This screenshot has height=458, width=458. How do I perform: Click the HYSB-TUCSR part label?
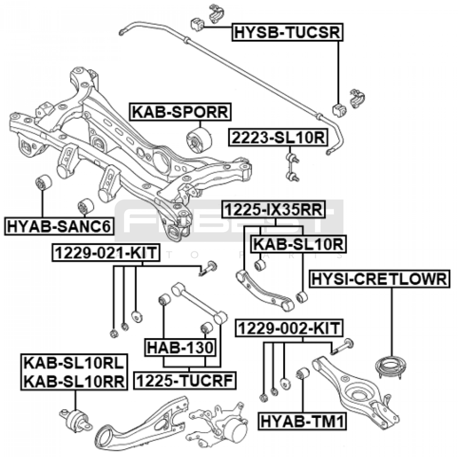287,32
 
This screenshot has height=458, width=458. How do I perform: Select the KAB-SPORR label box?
180,112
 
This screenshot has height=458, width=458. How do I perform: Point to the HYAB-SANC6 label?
59,226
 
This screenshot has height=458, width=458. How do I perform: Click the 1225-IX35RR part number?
274,210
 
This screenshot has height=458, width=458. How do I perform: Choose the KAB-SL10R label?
298,244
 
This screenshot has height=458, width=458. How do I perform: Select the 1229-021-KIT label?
106,253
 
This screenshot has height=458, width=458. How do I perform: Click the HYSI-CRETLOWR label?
379,279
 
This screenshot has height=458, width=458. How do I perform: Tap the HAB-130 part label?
180,348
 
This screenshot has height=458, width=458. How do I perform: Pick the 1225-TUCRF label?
185,381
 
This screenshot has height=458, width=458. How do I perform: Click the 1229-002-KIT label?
289,328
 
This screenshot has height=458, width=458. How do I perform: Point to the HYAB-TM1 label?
302,421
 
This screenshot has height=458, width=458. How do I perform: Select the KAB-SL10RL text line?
74,364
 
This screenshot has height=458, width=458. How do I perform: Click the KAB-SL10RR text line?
74,381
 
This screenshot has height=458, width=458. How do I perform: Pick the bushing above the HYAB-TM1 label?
302,374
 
